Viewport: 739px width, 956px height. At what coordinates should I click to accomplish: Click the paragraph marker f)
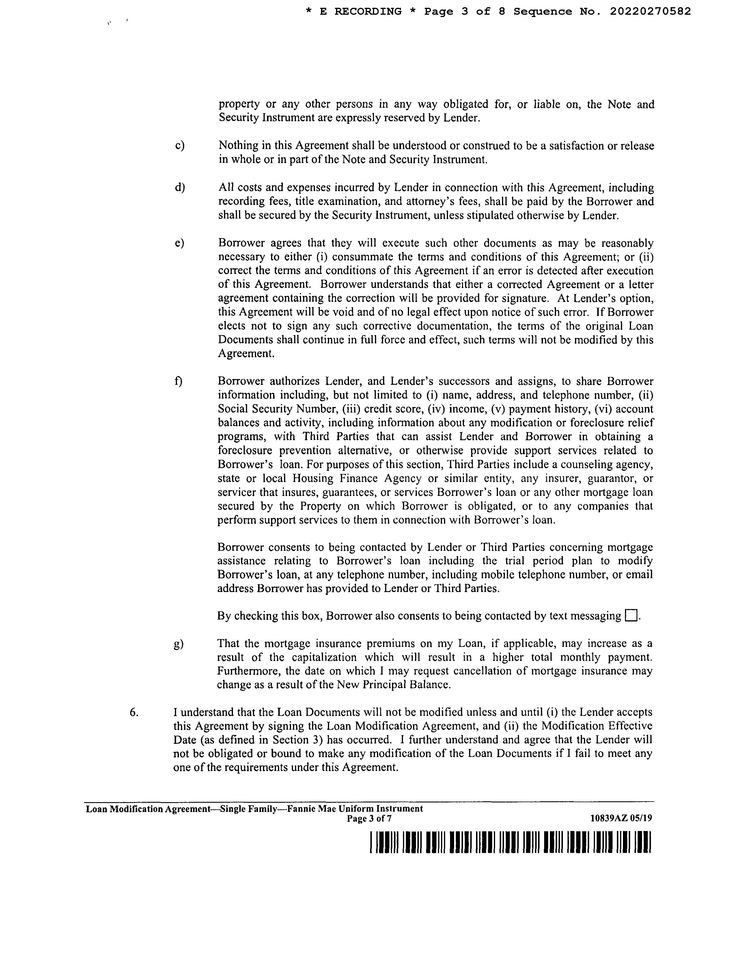tap(178, 381)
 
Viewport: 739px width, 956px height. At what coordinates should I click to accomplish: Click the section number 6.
tap(134, 712)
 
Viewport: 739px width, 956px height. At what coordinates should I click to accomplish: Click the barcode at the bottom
tap(510, 843)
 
